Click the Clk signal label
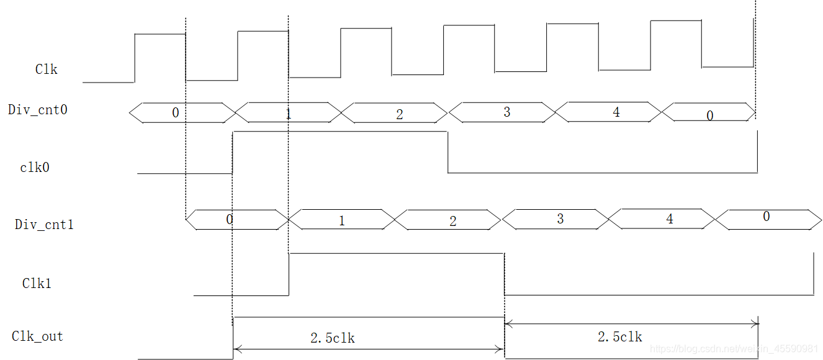(46, 70)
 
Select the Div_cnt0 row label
(38, 110)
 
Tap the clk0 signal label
(34, 168)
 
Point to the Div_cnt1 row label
(44, 225)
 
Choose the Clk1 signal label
(37, 284)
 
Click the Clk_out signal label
(37, 336)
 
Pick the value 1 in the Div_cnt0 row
(288, 114)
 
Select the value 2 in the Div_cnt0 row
(399, 114)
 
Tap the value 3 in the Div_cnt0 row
(506, 112)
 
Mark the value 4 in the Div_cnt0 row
(616, 112)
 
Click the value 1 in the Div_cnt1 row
(341, 221)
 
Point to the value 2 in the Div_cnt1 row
(452, 222)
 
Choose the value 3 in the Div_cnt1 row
(560, 219)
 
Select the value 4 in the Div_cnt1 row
(669, 219)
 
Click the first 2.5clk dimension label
(333, 338)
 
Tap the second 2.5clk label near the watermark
(619, 337)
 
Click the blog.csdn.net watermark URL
(734, 349)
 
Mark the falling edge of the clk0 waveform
(448, 152)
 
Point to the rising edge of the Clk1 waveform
(289, 274)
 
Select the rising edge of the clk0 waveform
(232, 152)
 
